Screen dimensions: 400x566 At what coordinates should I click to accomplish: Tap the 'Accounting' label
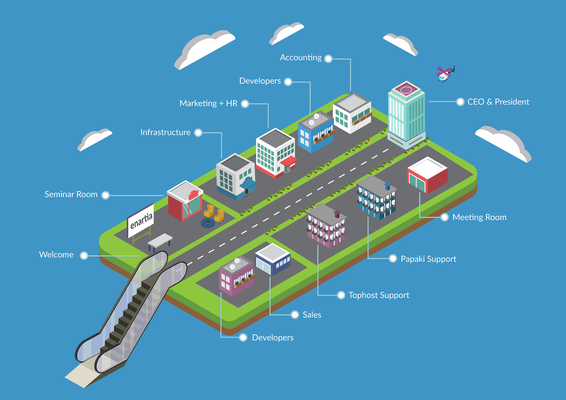tap(301, 58)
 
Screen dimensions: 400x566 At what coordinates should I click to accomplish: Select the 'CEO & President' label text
tap(498, 102)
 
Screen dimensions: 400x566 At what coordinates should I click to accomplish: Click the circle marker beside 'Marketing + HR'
tap(245, 104)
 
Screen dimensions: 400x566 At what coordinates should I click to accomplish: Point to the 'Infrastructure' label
tap(165, 132)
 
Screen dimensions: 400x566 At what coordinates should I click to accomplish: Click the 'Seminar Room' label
tap(71, 194)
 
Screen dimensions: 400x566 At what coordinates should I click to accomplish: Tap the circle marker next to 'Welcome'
tap(84, 256)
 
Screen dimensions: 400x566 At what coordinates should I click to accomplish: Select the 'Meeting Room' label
tap(479, 217)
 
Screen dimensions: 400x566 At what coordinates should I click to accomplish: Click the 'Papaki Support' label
tap(428, 259)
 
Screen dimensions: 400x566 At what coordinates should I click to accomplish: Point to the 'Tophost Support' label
tap(379, 295)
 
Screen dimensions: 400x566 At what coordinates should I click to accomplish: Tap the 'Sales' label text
tap(312, 315)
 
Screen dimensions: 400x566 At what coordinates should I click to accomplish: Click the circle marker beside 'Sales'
tap(295, 315)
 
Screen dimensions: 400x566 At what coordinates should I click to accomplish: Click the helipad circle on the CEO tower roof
tap(406, 90)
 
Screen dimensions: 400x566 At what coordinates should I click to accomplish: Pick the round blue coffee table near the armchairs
tap(208, 223)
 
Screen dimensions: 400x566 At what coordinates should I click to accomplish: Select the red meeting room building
tap(427, 175)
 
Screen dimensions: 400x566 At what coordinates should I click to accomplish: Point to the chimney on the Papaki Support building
tap(387, 186)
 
